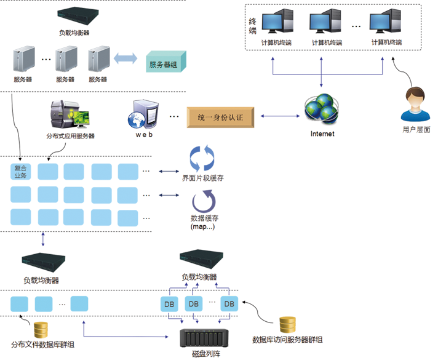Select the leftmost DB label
tap(169, 304)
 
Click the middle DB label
tap(193, 304)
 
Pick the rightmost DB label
tap(229, 304)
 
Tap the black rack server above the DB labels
tap(201, 258)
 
